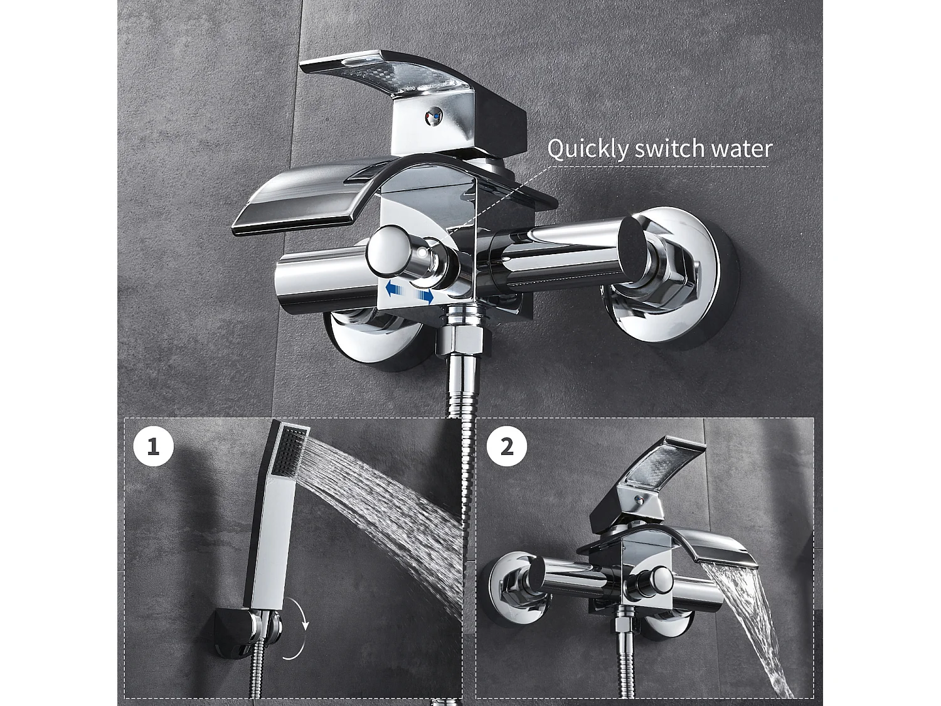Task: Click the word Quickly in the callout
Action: point(587,149)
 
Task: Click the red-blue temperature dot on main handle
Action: point(433,117)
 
